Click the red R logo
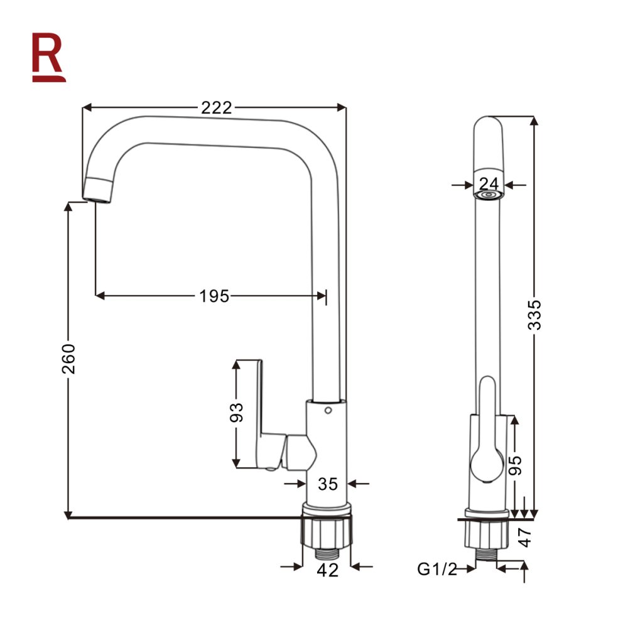pos(48,57)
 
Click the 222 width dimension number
pos(216,108)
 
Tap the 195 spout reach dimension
pos(214,296)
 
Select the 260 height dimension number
pos(68,359)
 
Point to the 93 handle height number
pos(236,413)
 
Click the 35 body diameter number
pos(328,484)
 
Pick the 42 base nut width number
pos(328,570)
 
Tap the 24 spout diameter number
pos(489,184)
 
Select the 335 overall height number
pos(534,315)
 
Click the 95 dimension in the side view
pos(516,465)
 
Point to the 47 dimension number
pos(524,538)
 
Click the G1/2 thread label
pos(437,569)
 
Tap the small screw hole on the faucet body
pos(328,411)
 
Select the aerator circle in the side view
pos(488,195)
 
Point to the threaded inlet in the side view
pos(487,555)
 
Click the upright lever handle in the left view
pos(248,413)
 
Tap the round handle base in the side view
pos(487,465)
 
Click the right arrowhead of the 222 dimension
pos(342,107)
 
